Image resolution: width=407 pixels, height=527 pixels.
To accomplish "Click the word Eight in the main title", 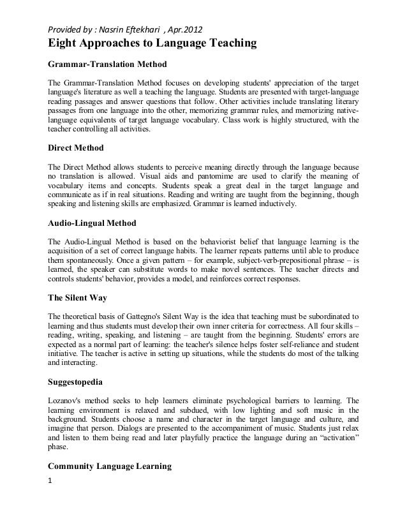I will point(59,44).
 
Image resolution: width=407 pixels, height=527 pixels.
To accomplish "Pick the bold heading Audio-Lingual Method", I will point(92,224).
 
